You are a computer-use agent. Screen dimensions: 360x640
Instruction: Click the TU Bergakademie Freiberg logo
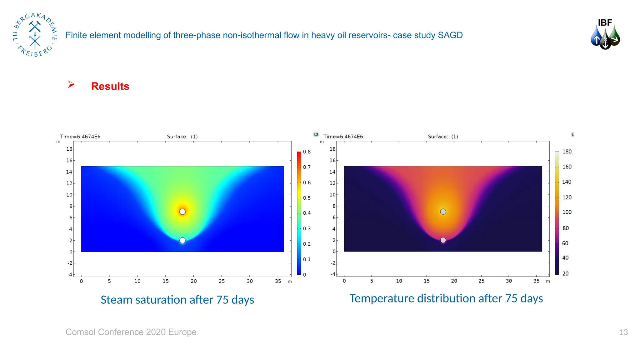coord(35,35)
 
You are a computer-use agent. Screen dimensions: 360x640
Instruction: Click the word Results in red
coord(110,86)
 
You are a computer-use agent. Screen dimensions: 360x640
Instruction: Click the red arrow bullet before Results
coord(71,84)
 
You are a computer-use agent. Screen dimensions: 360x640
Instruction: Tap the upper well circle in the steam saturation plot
coord(182,212)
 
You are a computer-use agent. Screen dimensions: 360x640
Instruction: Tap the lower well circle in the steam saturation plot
coord(182,240)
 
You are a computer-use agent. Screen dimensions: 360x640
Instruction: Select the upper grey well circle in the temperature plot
coord(443,212)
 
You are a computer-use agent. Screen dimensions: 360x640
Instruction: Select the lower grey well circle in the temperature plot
coord(443,240)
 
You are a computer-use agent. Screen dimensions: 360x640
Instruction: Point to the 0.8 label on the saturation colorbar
coord(307,152)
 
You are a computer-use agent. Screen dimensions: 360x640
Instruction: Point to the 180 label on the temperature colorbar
coord(567,152)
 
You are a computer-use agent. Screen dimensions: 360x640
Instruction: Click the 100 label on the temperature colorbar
coord(567,212)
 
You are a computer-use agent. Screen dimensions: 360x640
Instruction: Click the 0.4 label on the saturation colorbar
coord(307,213)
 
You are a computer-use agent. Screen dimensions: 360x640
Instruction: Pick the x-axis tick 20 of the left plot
coord(194,281)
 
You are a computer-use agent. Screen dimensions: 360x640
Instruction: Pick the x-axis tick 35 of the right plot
coord(536,281)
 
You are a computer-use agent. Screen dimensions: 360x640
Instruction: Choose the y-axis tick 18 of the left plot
coord(69,149)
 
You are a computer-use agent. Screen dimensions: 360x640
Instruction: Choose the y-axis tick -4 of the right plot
coord(333,274)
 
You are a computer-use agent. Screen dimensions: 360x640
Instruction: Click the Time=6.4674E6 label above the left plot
coord(80,137)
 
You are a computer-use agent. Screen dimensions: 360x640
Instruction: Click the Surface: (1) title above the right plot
coord(443,137)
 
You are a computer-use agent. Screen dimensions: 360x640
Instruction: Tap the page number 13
coord(623,332)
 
